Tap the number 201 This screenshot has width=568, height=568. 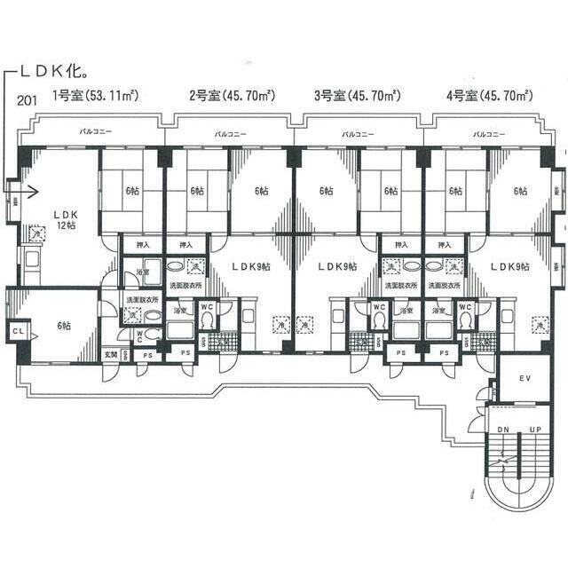(27, 98)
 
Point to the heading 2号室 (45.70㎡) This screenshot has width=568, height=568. (227, 95)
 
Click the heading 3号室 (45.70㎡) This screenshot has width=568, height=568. (355, 95)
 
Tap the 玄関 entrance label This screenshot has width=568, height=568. (111, 355)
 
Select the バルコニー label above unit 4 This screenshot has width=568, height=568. (489, 134)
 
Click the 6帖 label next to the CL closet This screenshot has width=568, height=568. (63, 326)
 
